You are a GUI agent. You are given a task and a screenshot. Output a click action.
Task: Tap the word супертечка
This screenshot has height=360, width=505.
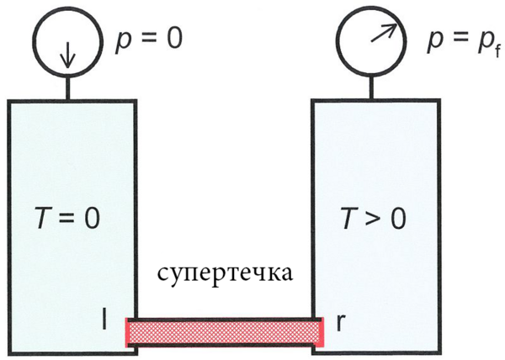[224, 276]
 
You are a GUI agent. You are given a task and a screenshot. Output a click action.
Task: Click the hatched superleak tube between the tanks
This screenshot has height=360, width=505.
[225, 332]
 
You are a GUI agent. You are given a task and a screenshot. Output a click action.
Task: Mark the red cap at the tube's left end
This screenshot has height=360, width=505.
[128, 332]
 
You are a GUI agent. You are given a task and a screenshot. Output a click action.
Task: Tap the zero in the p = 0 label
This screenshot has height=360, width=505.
[172, 39]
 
